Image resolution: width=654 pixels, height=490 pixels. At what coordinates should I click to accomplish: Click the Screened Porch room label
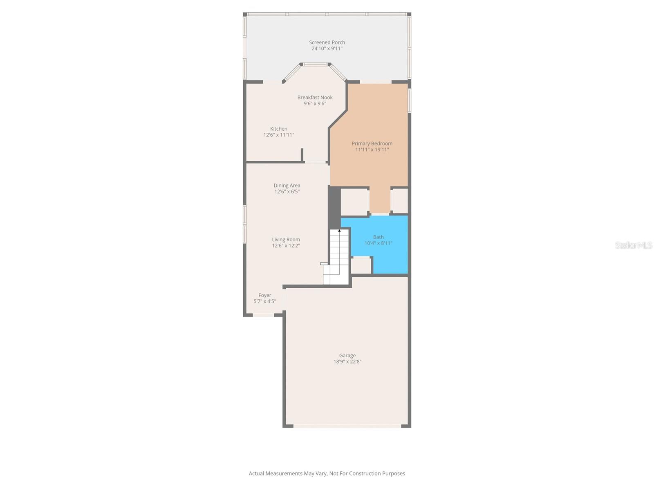pyautogui.click(x=327, y=42)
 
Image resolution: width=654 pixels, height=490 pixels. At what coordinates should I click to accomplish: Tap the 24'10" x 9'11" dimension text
pyautogui.click(x=327, y=49)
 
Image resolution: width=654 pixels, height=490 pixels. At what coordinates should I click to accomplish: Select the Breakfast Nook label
pyautogui.click(x=315, y=98)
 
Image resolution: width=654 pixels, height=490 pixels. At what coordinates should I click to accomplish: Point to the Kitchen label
pyautogui.click(x=279, y=129)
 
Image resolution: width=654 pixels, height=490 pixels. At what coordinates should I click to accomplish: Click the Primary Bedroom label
pyautogui.click(x=372, y=144)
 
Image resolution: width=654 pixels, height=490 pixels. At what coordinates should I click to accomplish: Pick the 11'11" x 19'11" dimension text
pyautogui.click(x=372, y=150)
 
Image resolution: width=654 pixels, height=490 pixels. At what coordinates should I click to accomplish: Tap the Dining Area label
pyautogui.click(x=287, y=186)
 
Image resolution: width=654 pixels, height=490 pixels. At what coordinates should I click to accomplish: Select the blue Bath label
pyautogui.click(x=379, y=237)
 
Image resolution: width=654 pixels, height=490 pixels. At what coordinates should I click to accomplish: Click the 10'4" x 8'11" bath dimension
pyautogui.click(x=379, y=243)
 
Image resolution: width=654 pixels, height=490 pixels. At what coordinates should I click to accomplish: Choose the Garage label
pyautogui.click(x=347, y=356)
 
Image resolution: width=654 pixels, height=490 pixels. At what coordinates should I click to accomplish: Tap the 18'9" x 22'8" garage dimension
pyautogui.click(x=347, y=362)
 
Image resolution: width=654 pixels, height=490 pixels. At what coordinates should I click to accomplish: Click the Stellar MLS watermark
pyautogui.click(x=634, y=245)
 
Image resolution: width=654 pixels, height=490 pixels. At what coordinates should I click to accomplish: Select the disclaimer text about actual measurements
pyautogui.click(x=327, y=474)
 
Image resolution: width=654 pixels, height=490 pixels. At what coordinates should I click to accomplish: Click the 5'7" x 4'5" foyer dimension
pyautogui.click(x=265, y=302)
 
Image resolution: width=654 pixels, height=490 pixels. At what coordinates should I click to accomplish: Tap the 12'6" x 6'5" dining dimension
pyautogui.click(x=287, y=192)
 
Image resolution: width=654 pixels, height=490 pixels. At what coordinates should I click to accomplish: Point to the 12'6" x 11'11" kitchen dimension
pyautogui.click(x=279, y=135)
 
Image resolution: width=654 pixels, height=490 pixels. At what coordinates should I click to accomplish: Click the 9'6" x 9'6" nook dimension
pyautogui.click(x=315, y=104)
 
